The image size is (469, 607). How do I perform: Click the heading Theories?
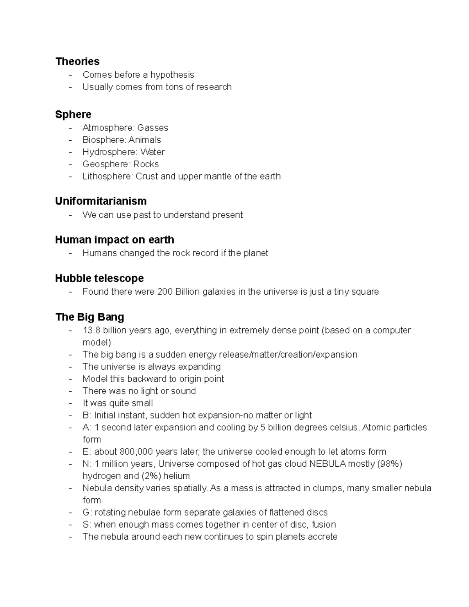point(77,61)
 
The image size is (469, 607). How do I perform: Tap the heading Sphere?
point(73,115)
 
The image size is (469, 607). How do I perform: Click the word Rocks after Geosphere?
point(146,164)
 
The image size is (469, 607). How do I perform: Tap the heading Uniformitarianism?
point(101,201)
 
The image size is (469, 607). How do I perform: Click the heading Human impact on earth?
point(115,240)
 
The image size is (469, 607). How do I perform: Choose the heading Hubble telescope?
point(99,278)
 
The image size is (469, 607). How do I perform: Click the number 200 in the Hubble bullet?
point(165,292)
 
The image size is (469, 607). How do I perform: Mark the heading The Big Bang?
point(90,317)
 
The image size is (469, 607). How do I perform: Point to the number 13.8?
point(91,330)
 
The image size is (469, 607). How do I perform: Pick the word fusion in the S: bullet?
point(324,525)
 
